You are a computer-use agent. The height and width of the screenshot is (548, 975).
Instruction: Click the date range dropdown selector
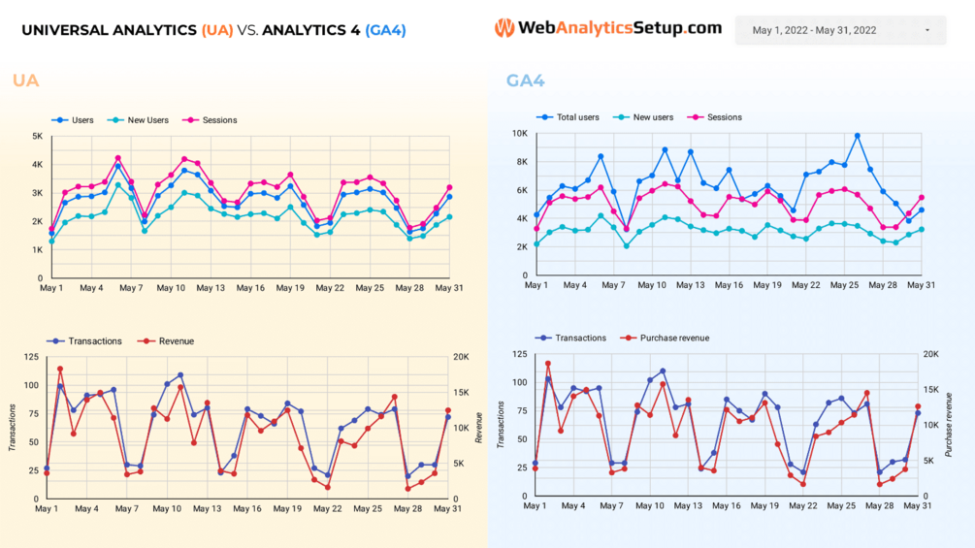840,30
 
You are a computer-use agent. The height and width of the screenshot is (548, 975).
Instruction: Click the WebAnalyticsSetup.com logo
608,28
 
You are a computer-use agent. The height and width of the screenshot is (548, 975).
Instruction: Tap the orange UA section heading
26,81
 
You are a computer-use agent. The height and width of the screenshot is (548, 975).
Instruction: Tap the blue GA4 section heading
525,81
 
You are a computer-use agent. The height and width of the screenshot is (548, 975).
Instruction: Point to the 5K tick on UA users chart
36,137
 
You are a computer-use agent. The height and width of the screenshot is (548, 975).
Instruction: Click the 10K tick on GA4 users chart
519,134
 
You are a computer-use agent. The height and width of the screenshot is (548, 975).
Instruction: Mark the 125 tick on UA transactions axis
31,358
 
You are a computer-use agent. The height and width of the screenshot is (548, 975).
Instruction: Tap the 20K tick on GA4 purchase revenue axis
930,355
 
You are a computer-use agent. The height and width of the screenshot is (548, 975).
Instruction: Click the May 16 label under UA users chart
250,288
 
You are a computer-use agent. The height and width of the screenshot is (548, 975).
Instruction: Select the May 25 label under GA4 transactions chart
842,506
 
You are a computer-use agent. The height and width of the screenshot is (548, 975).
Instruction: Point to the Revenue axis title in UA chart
478,428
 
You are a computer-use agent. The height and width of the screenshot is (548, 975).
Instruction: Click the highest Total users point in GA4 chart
857,137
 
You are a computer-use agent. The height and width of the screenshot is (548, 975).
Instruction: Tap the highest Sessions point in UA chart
118,158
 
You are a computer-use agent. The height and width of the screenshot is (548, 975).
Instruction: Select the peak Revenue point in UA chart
60,369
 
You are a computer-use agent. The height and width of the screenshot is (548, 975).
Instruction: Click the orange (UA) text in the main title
217,30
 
